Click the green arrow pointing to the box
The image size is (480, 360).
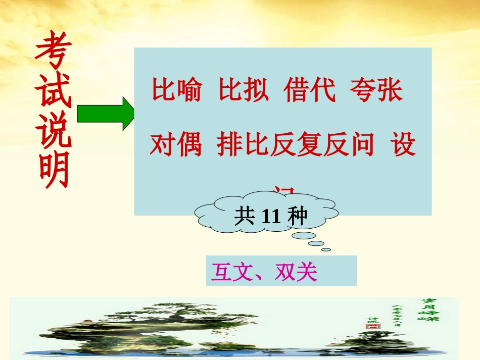(x=104, y=114)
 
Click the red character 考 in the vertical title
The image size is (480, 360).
(x=53, y=52)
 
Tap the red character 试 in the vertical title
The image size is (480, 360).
(x=53, y=92)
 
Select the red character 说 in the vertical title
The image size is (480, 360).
(x=53, y=132)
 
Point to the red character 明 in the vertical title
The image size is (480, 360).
(x=53, y=172)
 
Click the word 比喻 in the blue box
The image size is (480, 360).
(x=177, y=91)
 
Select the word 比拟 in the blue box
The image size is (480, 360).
(x=244, y=91)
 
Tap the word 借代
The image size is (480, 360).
(x=310, y=91)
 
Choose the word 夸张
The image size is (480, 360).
(x=376, y=91)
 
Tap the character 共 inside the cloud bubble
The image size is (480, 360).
(x=245, y=217)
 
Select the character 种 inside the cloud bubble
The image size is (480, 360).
(x=297, y=217)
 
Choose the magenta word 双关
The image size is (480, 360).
(x=296, y=273)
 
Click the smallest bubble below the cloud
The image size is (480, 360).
(x=326, y=249)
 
